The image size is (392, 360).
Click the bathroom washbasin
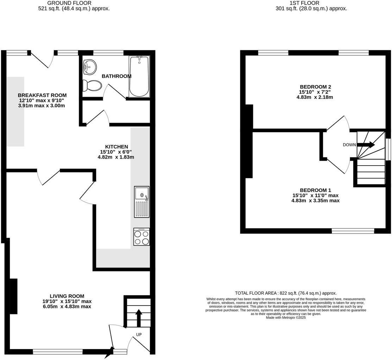90,67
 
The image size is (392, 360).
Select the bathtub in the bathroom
139,76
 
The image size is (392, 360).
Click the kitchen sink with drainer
141,202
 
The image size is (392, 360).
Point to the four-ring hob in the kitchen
141,237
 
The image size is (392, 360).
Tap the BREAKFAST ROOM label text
42,95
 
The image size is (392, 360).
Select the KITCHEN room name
116,147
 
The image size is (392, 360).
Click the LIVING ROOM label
67,296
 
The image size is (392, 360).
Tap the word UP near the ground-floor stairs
139,334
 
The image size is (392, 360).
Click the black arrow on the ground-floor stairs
139,317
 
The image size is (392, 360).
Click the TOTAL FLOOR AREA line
285,293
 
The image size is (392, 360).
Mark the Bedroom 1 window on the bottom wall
353,231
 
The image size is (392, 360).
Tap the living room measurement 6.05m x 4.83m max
67,307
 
